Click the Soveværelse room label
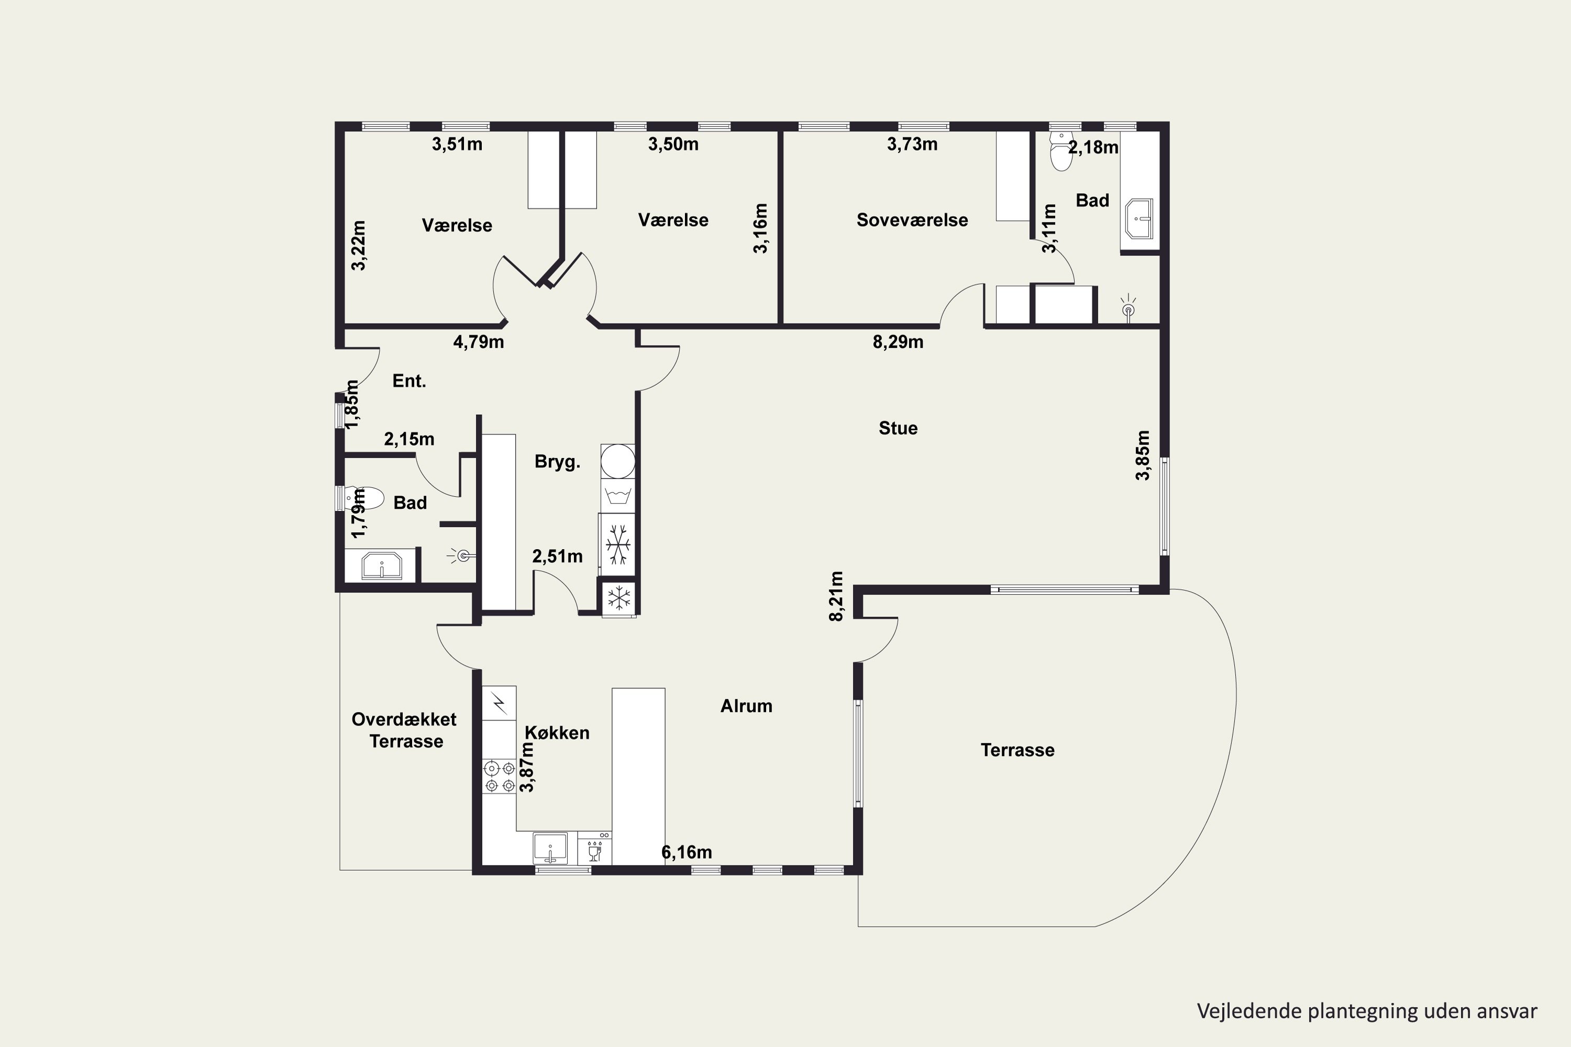click(912, 220)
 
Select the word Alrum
click(746, 706)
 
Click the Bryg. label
click(557, 462)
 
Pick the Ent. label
click(409, 381)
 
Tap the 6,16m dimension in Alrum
click(687, 853)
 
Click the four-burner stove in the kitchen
click(500, 776)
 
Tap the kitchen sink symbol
click(550, 848)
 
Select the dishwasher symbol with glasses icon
click(594, 848)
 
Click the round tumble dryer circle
click(618, 461)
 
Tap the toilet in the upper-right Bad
click(1061, 150)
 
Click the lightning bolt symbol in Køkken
click(499, 703)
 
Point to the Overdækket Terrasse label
click(404, 730)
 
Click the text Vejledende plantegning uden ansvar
click(1367, 1011)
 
